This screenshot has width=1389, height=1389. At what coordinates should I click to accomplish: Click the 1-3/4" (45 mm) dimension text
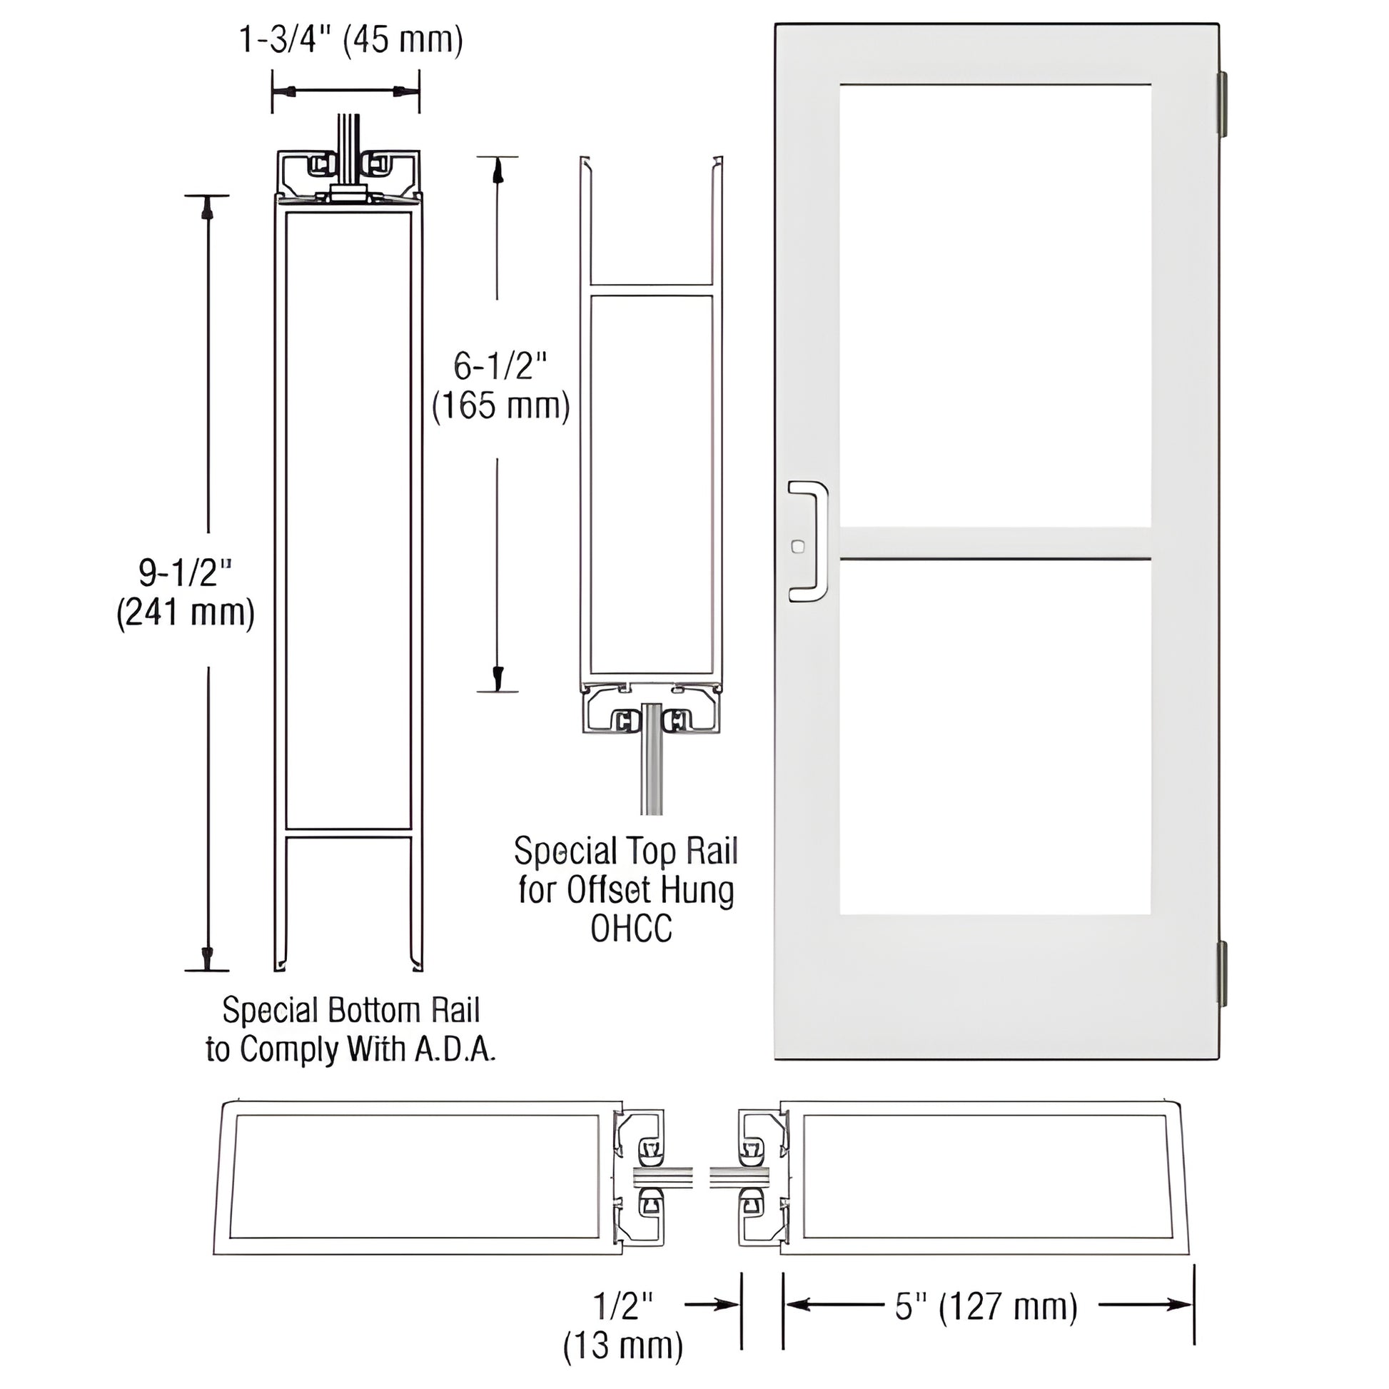pyautogui.click(x=350, y=40)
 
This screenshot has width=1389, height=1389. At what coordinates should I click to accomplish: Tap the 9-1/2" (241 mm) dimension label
pyautogui.click(x=186, y=593)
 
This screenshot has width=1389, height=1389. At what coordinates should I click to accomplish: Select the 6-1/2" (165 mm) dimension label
pyautogui.click(x=500, y=386)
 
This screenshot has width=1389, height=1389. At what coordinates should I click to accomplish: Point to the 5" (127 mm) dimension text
pyautogui.click(x=986, y=1306)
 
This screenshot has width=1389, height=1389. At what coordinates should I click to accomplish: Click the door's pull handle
pyautogui.click(x=810, y=540)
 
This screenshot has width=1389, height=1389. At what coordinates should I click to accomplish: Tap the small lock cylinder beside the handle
pyautogui.click(x=797, y=547)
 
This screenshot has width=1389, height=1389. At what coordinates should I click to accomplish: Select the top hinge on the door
pyautogui.click(x=1221, y=103)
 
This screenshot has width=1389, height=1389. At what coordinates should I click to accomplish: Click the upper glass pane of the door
pyautogui.click(x=995, y=305)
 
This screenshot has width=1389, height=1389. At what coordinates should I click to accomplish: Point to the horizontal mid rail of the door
pyautogui.click(x=995, y=542)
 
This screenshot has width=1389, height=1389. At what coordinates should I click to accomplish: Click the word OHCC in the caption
pyautogui.click(x=630, y=929)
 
